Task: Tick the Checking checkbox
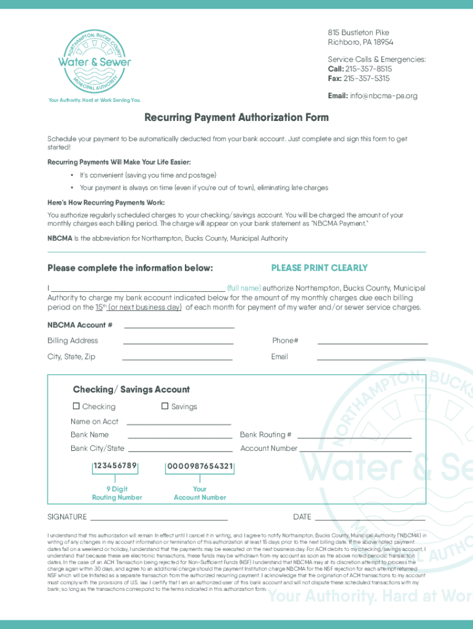76,406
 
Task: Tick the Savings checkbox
165,406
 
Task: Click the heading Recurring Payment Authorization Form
237,117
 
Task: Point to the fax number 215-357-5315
367,78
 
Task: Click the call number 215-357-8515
368,69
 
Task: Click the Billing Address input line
178,342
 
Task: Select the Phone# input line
372,342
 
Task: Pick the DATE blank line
369,518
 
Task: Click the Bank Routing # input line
354,437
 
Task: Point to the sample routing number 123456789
115,466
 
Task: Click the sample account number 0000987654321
200,466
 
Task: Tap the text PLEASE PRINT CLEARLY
319,268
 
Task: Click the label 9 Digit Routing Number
117,493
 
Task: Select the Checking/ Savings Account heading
131,389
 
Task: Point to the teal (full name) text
244,288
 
